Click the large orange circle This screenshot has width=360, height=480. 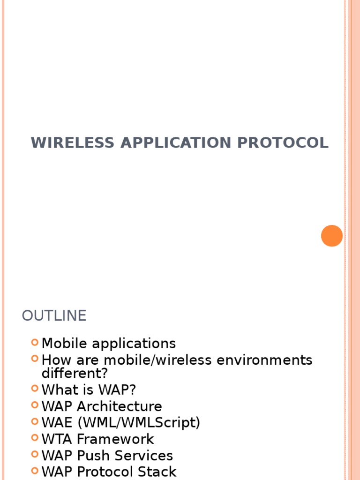coord(332,235)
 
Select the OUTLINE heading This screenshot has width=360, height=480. coord(54,315)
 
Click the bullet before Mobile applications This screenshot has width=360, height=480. coord(35,343)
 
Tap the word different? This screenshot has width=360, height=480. coord(75,374)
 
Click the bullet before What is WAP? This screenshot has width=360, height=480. coord(35,389)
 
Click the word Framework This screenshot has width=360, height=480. coord(115,439)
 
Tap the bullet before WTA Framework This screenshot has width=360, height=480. coord(35,438)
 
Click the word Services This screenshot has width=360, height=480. coord(144,456)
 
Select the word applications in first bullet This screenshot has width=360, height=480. coord(134,344)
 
